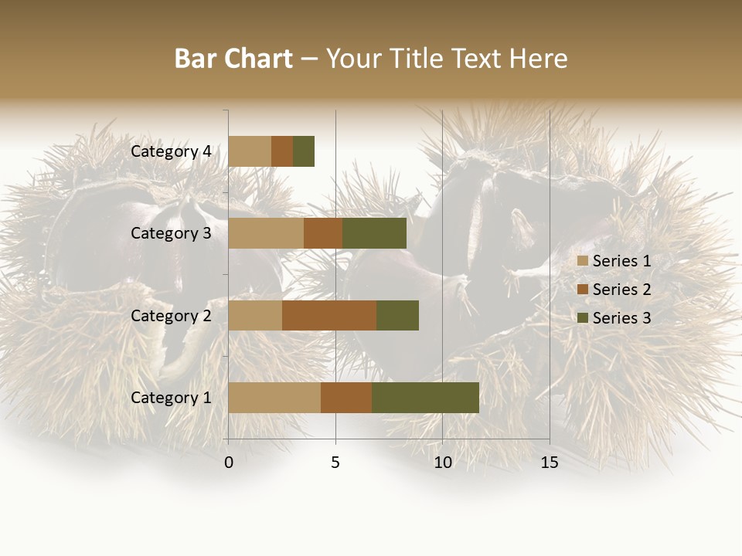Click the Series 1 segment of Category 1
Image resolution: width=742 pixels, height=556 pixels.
274,398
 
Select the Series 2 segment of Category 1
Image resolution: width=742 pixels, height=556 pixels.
346,398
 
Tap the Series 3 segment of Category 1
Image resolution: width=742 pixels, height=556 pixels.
425,398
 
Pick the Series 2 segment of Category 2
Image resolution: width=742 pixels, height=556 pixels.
329,315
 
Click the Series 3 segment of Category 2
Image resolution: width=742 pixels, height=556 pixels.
397,315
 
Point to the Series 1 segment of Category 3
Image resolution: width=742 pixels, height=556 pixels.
266,233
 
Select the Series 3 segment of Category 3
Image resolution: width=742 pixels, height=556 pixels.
374,233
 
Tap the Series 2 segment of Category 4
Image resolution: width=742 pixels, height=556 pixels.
282,151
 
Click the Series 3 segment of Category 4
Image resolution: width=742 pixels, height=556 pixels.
304,151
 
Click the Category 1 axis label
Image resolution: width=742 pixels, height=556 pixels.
171,398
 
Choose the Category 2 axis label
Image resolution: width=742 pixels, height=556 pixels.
171,315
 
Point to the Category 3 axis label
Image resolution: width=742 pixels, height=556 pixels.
171,233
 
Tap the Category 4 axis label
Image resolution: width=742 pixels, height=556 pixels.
171,151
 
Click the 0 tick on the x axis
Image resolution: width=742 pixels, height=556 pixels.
229,463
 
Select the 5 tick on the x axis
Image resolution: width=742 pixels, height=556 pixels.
335,463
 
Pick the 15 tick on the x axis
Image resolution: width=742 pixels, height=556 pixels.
550,463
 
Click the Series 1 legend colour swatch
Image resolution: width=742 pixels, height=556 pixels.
583,261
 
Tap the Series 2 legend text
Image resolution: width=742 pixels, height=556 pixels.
621,290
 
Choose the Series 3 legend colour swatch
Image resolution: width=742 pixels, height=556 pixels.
583,318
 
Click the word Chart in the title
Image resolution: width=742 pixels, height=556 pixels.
260,59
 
